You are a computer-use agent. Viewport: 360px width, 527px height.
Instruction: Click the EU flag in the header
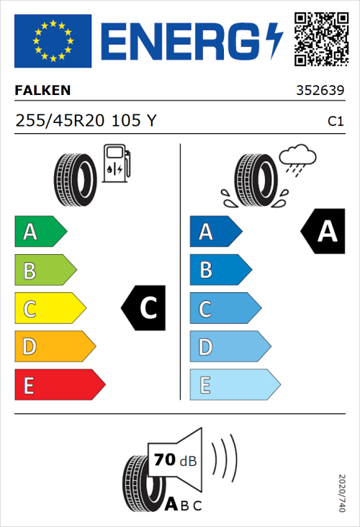coord(53,41)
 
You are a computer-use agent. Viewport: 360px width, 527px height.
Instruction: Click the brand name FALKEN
coord(42,91)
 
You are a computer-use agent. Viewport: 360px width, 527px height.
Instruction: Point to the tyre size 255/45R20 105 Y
coord(85,121)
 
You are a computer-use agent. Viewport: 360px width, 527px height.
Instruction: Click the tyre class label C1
coord(335,122)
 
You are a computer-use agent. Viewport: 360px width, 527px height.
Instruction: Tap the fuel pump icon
coord(115,163)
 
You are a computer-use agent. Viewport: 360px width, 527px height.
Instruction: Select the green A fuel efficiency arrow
coord(40,232)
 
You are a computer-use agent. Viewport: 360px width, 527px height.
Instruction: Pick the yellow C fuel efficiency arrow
coord(50,309)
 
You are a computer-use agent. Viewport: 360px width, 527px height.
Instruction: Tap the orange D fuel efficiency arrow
coord(55,347)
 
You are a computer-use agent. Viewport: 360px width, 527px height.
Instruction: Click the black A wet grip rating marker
coord(324,232)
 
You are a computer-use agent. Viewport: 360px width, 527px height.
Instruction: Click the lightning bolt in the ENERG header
coord(274,41)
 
